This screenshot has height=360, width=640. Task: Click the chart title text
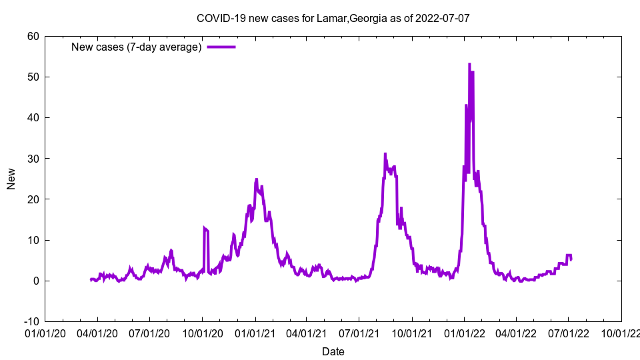click(x=333, y=18)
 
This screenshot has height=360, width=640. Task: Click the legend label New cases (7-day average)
click(x=136, y=47)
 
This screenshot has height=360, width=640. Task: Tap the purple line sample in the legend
click(x=221, y=47)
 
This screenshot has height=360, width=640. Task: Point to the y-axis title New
click(x=11, y=179)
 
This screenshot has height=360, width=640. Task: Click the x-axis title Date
click(x=333, y=351)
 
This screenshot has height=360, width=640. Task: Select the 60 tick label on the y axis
click(x=33, y=36)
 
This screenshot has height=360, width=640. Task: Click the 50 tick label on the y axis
click(x=33, y=77)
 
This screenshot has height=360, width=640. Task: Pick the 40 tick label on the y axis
click(x=33, y=117)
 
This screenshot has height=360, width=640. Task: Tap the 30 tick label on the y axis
click(x=33, y=158)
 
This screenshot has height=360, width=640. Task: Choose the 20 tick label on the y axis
click(x=33, y=199)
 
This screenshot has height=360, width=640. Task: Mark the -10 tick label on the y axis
click(x=31, y=321)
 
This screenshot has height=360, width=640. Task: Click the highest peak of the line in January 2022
click(x=469, y=64)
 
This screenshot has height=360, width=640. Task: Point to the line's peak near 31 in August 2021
click(x=385, y=153)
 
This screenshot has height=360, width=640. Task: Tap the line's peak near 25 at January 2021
click(x=256, y=179)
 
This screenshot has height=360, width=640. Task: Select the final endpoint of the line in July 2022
click(x=571, y=259)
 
